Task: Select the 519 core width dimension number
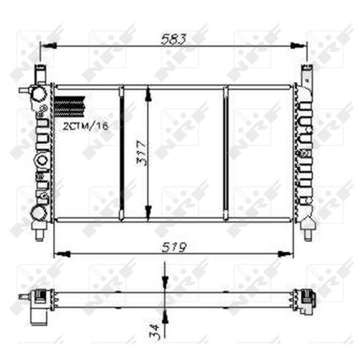tap(174, 247)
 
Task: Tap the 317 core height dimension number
tap(142, 153)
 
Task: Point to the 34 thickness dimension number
tap(154, 330)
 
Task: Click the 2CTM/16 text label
tap(86, 126)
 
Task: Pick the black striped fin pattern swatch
tap(70, 107)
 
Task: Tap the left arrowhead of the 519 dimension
tap(62, 253)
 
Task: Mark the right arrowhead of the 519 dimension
tap(286, 253)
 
